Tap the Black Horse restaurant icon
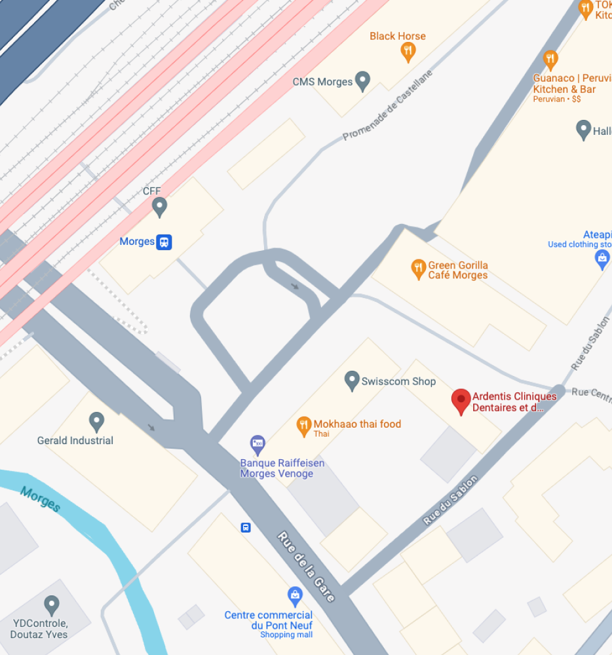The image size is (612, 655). click(x=408, y=52)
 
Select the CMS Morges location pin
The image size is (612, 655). click(x=362, y=81)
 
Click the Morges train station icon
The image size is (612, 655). click(x=164, y=242)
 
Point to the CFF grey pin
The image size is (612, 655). click(x=159, y=207)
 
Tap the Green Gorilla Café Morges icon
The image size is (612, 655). click(x=418, y=268)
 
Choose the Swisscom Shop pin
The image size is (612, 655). click(x=352, y=380)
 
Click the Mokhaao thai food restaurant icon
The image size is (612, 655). click(x=303, y=426)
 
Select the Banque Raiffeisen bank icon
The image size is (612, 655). click(x=258, y=445)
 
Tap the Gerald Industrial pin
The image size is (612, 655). click(x=97, y=421)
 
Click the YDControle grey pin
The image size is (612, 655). click(x=52, y=605)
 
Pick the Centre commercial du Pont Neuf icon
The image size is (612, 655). click(x=296, y=596)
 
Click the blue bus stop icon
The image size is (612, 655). click(x=246, y=527)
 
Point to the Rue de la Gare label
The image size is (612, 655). click(x=306, y=567)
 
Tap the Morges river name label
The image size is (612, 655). click(x=40, y=499)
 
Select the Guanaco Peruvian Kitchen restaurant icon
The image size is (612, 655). click(x=550, y=60)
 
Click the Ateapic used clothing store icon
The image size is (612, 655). click(x=602, y=260)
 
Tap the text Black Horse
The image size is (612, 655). click(x=397, y=36)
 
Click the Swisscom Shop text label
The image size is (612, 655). click(x=398, y=381)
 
